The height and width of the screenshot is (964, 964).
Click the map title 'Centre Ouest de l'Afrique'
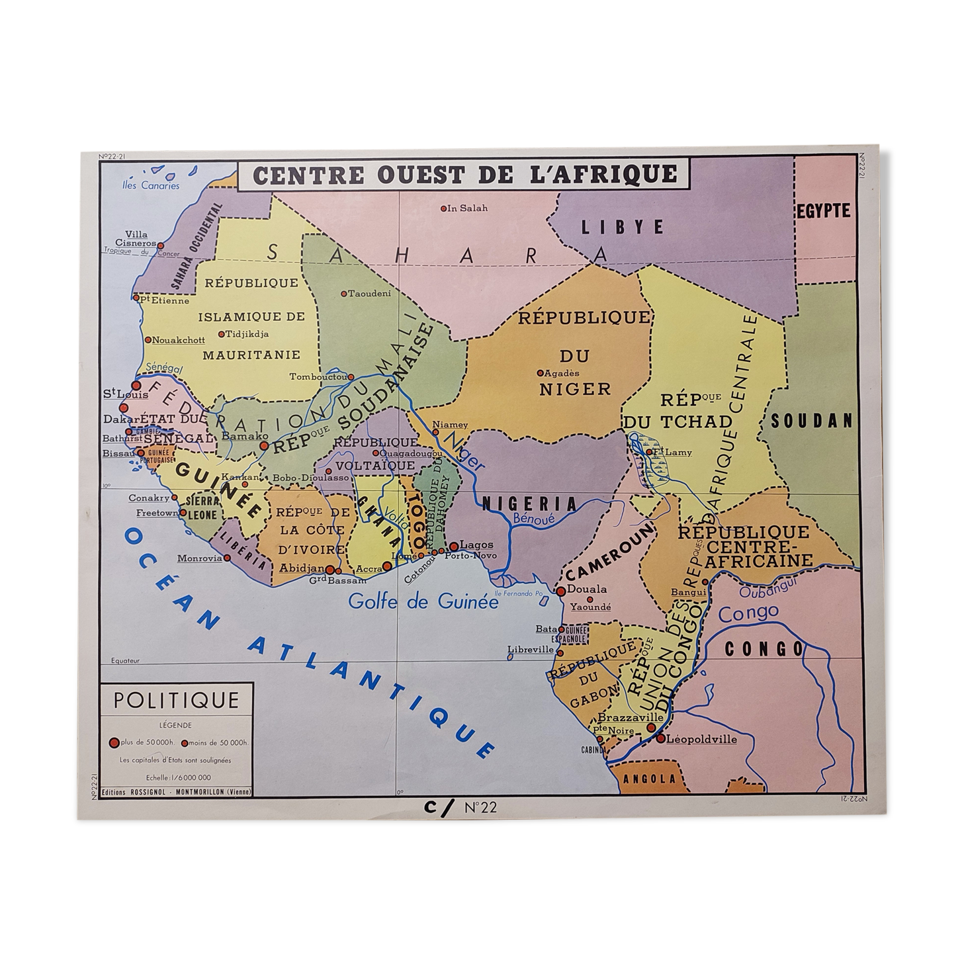pyautogui.click(x=465, y=174)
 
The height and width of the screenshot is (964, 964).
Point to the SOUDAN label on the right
pyautogui.click(x=812, y=421)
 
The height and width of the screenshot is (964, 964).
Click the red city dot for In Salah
pyautogui.click(x=445, y=208)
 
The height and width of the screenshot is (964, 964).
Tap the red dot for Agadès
pyautogui.click(x=540, y=372)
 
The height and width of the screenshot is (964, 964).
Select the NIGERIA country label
pyautogui.click(x=530, y=504)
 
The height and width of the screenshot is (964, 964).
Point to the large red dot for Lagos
pyautogui.click(x=454, y=547)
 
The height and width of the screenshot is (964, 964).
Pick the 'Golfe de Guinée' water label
pyautogui.click(x=423, y=602)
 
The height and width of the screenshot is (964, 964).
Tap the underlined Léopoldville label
pyautogui.click(x=701, y=739)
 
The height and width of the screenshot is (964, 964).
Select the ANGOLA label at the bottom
pyautogui.click(x=650, y=779)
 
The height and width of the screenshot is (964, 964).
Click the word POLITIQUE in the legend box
pyautogui.click(x=176, y=700)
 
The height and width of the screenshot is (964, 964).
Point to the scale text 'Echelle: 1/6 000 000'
pyautogui.click(x=176, y=777)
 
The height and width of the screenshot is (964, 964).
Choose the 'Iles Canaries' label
pyautogui.click(x=151, y=185)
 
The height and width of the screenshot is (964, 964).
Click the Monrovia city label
pyautogui.click(x=200, y=558)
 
